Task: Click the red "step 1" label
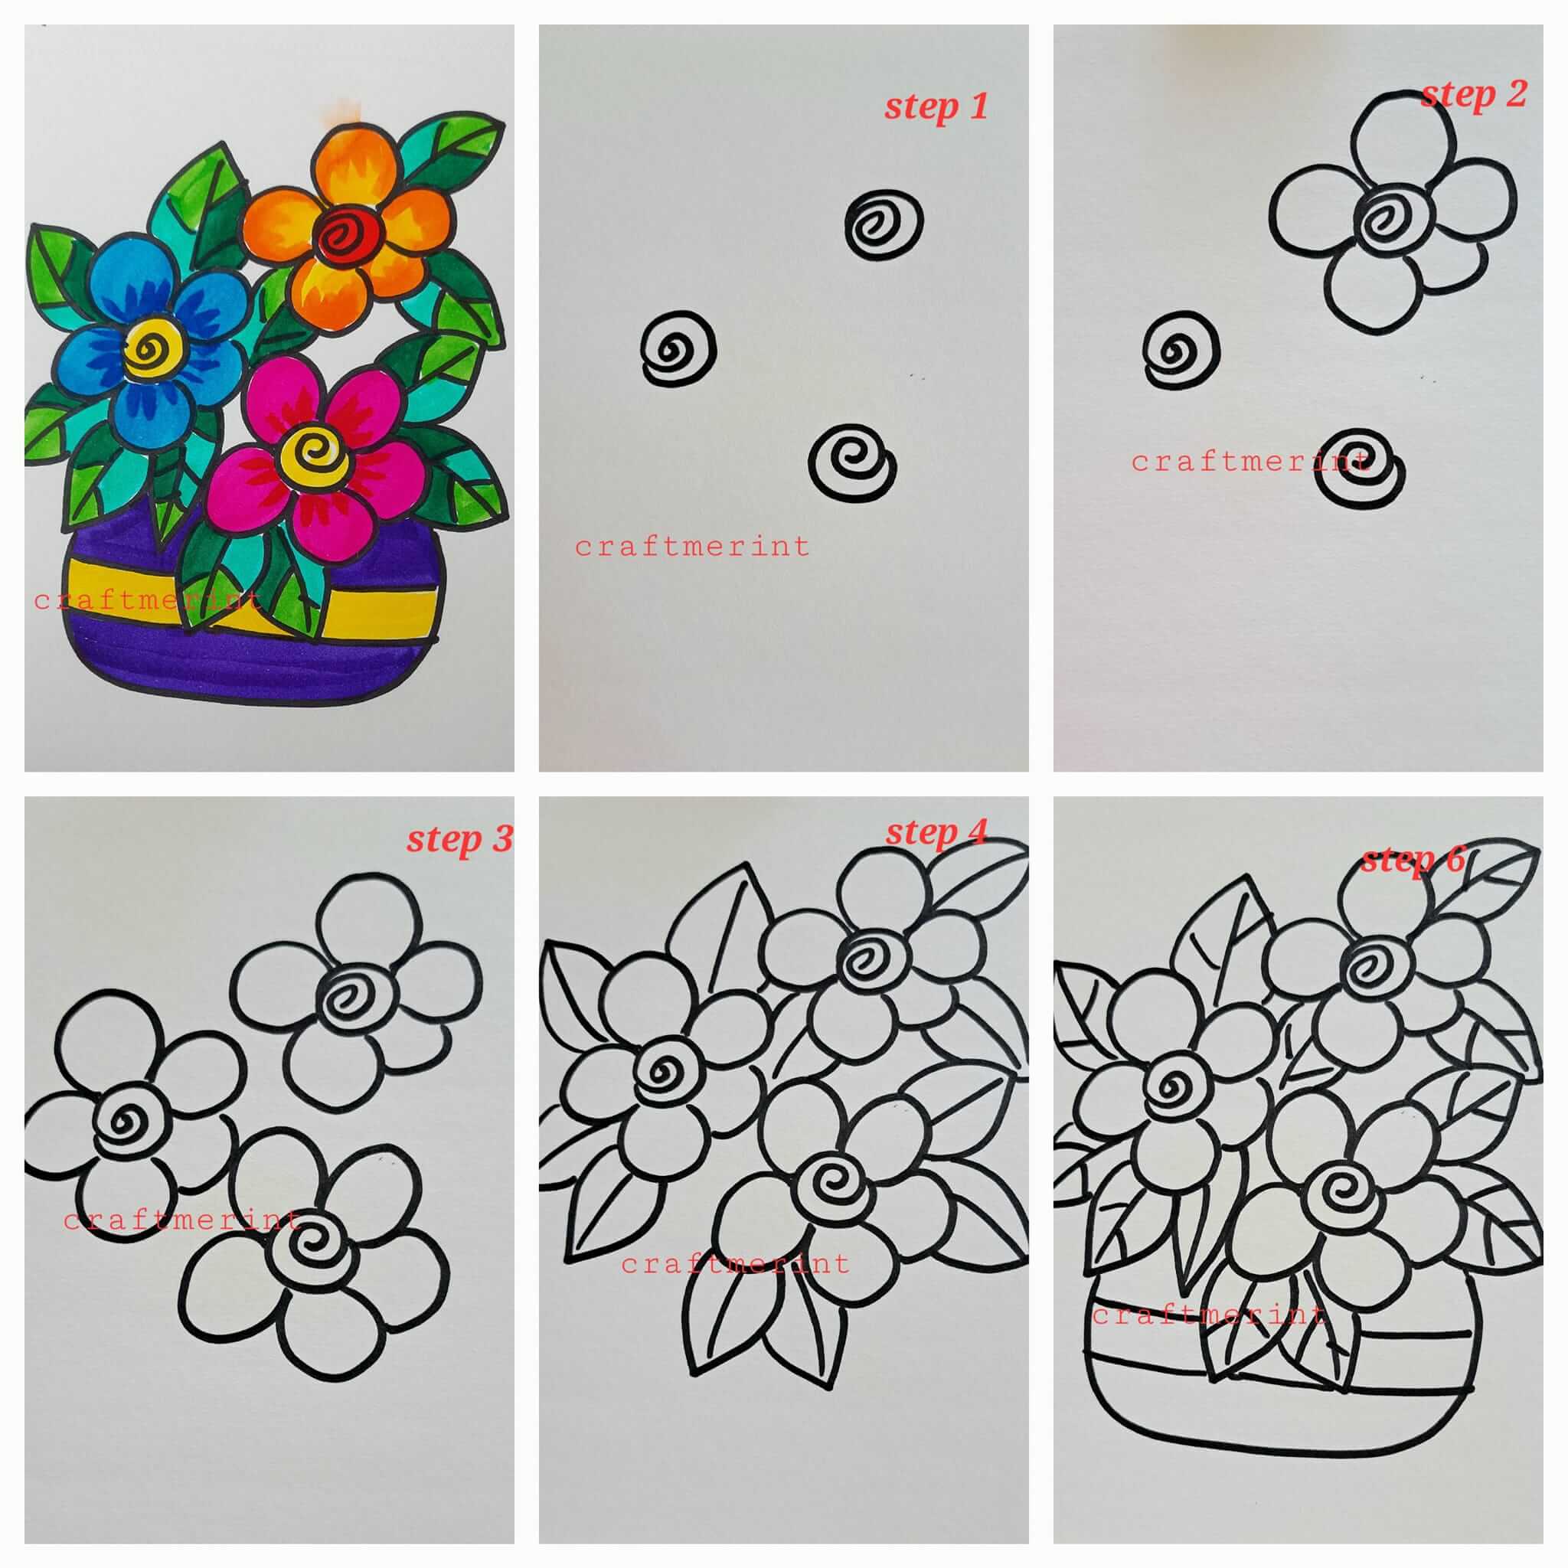(936, 106)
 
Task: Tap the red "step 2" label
(1473, 95)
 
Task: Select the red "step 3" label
(459, 838)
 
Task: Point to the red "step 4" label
(936, 832)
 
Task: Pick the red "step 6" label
(1413, 860)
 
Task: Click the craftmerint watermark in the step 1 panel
(692, 547)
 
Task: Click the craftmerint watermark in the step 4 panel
(735, 1263)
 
